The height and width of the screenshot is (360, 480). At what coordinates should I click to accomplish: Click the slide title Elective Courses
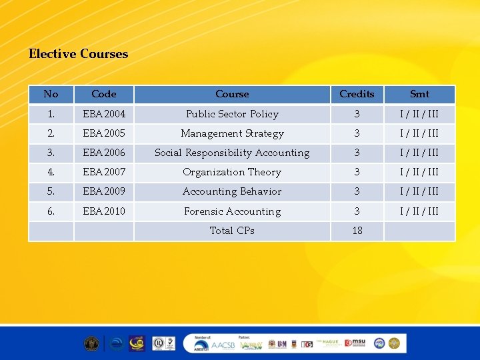point(78,54)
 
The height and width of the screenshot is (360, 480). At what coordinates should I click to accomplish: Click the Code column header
point(104,94)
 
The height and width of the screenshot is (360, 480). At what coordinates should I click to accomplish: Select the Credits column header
point(357,94)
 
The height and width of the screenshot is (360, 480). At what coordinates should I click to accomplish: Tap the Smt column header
point(419,94)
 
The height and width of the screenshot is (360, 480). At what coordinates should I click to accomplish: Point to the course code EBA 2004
point(104,114)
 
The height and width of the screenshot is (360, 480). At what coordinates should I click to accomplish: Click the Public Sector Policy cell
point(232,114)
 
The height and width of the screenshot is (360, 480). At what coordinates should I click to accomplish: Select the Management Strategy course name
point(232,133)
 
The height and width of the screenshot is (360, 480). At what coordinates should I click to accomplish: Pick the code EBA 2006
point(104,153)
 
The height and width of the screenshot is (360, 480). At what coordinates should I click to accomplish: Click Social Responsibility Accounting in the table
point(232,153)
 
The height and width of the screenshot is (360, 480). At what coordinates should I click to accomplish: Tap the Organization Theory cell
point(232,172)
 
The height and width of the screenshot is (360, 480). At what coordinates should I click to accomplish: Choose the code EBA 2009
point(104,191)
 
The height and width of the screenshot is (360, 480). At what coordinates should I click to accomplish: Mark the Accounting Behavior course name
point(232,191)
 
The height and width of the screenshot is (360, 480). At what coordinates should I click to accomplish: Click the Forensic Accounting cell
point(232,211)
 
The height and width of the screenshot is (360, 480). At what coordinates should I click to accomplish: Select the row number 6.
point(51,211)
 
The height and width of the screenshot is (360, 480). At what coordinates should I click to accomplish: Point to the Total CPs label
point(232,231)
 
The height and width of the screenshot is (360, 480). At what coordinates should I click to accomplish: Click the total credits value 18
point(357,231)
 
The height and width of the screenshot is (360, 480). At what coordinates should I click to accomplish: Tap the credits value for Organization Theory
point(357,172)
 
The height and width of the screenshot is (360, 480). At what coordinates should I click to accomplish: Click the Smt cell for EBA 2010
point(419,211)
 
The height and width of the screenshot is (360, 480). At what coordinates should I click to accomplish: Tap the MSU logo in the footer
point(357,343)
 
